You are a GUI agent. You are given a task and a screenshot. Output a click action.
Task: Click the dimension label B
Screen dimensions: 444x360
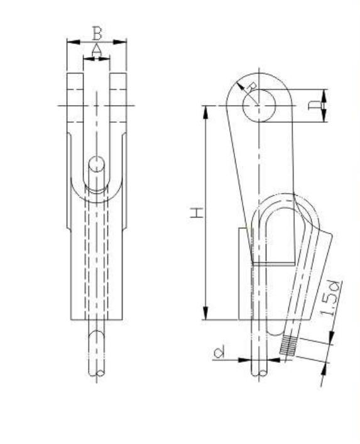[x=96, y=31]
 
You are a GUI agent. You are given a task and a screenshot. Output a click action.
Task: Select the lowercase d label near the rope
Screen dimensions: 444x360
[x=218, y=354]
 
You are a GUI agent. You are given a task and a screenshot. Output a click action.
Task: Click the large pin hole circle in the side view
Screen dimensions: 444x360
[x=259, y=106]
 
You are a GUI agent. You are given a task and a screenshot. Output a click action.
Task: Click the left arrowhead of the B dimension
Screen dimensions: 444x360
[x=70, y=42]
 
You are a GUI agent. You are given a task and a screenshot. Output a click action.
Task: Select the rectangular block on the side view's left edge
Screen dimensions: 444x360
[x=244, y=274]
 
